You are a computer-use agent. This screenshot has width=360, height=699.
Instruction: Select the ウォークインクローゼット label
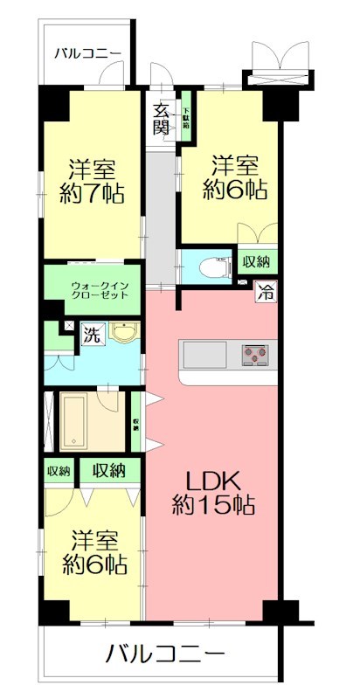pos(100,289)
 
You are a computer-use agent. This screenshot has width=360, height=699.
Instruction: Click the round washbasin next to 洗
pos(124,334)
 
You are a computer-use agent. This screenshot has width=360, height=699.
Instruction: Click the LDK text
pos(209,481)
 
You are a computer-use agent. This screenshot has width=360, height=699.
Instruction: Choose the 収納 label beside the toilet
pos(256,261)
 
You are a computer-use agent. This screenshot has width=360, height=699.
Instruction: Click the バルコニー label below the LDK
pos(166,653)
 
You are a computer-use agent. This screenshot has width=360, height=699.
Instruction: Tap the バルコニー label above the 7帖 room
pos(87,52)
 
